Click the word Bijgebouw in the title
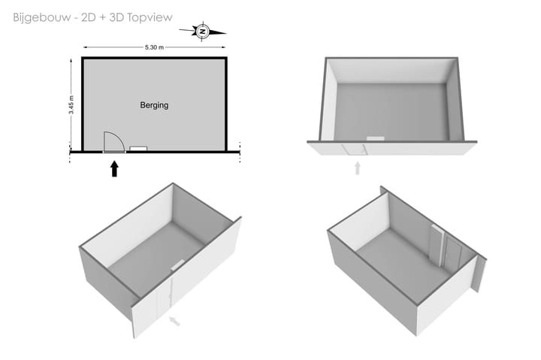[42, 17]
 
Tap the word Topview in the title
[150, 17]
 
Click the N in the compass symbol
[203, 32]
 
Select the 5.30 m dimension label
[154, 47]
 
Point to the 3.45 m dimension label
[71, 105]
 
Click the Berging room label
[154, 105]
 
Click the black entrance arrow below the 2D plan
[114, 169]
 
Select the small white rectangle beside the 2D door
[138, 148]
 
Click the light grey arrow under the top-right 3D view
[358, 168]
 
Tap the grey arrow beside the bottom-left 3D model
[174, 322]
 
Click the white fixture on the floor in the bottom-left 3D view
[178, 265]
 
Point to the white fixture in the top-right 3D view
[376, 138]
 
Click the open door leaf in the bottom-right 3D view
[436, 245]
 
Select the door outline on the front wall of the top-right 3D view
[355, 150]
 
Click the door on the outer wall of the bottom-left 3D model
[165, 299]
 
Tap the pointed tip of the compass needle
[226, 34]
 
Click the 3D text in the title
[117, 17]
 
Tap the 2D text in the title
[89, 17]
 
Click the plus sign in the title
[103, 17]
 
